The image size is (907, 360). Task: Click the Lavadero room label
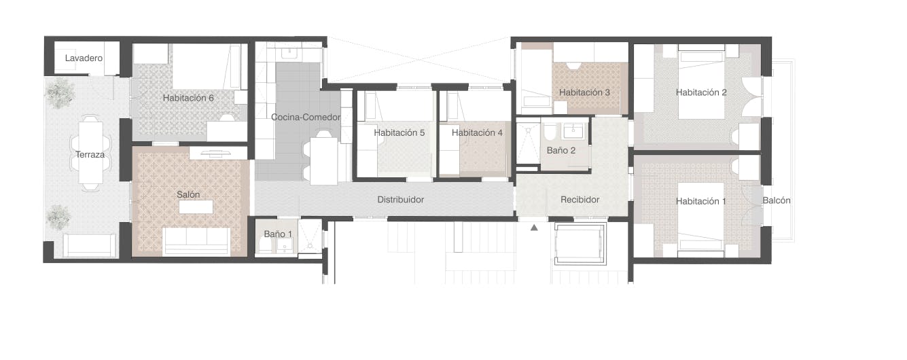[x=84, y=58]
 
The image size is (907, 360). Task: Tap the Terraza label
[x=90, y=155]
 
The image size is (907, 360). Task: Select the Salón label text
[x=188, y=195]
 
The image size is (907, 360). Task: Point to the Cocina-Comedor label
[x=305, y=118]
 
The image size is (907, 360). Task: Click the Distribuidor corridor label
[x=401, y=200]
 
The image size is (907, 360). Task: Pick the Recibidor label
[x=580, y=200]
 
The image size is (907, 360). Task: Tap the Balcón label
[x=777, y=200]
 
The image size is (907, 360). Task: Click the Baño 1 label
[x=278, y=234]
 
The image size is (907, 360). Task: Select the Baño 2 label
[x=561, y=150]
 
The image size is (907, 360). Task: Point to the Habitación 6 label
[x=188, y=98]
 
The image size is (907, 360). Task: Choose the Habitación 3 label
[x=584, y=92]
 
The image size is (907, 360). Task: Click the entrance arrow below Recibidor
[x=534, y=228]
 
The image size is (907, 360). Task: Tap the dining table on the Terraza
[x=90, y=153]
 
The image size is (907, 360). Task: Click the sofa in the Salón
[x=196, y=240]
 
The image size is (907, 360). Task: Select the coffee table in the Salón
[x=196, y=207]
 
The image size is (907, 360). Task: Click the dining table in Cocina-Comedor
[x=324, y=161]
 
